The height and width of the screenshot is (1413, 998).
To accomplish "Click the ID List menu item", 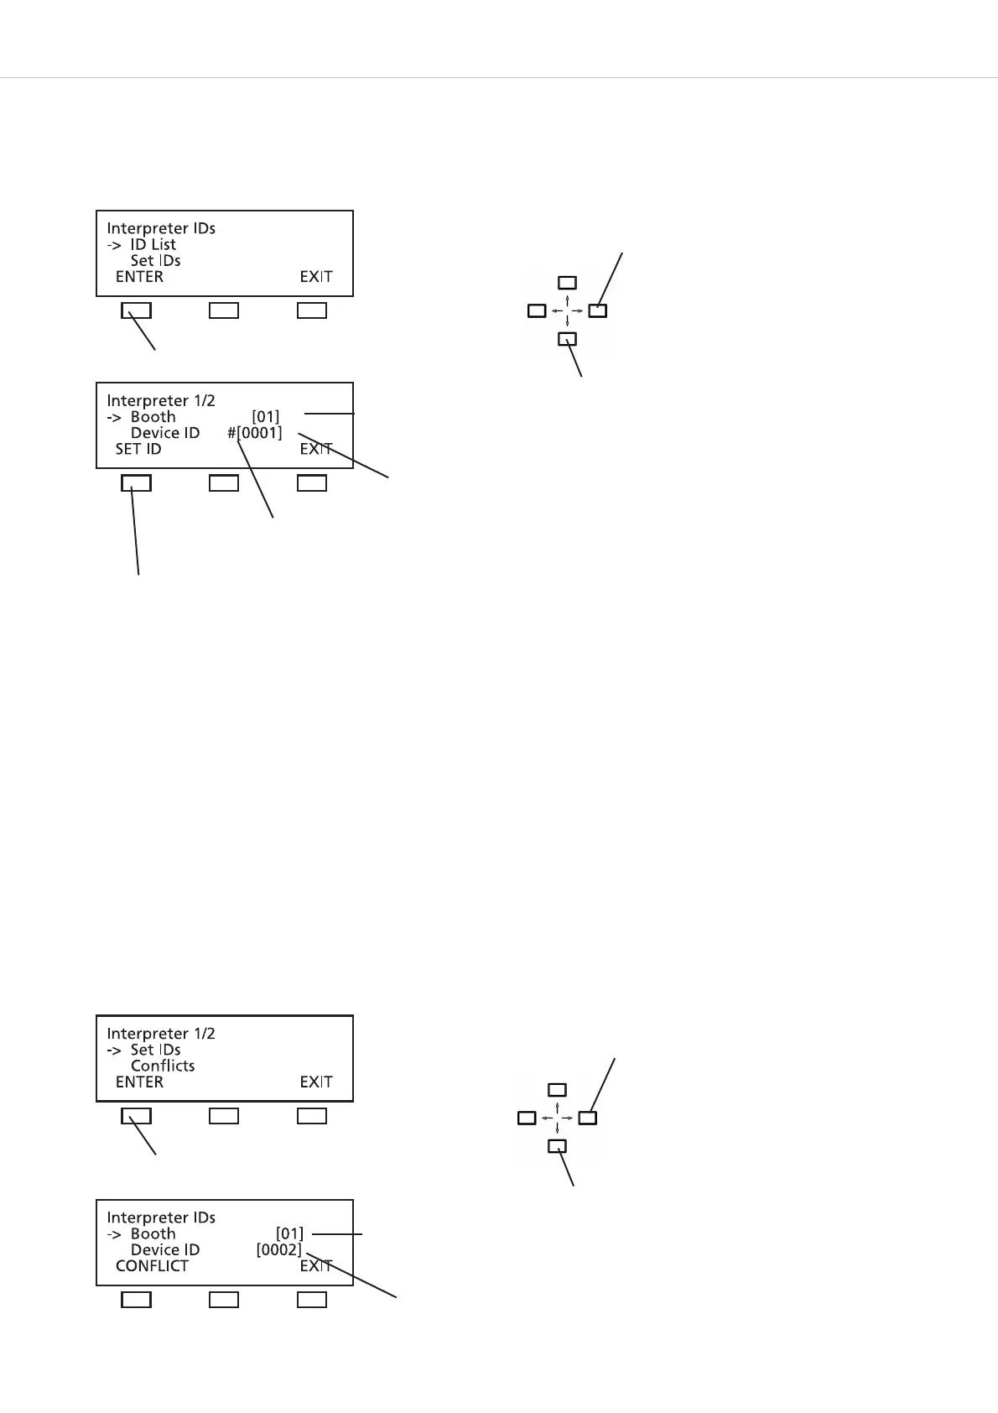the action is click(x=153, y=244).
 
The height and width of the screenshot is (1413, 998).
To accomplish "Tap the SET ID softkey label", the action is click(x=138, y=449).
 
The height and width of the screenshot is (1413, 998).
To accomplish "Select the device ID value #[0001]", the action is click(x=255, y=433).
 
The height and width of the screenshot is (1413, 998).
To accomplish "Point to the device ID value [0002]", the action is click(x=278, y=1249).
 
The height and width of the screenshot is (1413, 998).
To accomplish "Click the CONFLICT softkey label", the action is click(x=152, y=1265).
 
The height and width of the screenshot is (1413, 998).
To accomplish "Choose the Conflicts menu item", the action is click(x=163, y=1066).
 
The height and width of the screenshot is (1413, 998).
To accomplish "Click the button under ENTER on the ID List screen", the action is click(x=137, y=310).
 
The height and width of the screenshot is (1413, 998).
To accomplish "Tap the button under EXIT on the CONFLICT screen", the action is click(x=312, y=1300).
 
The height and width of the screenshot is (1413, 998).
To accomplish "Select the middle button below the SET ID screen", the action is click(x=224, y=483).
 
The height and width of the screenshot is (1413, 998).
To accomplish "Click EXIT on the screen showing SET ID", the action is click(x=316, y=449).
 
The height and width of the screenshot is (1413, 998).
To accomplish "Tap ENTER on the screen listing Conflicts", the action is click(x=139, y=1082).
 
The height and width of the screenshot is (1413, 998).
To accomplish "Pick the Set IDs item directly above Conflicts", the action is click(x=155, y=1050).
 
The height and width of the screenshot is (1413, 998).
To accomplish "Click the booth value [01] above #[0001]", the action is click(x=266, y=417).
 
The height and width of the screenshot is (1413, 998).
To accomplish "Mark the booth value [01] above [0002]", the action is click(x=289, y=1233).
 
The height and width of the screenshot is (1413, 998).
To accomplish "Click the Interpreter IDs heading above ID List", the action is click(x=161, y=228).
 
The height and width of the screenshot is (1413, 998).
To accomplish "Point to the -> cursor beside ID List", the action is click(x=114, y=245).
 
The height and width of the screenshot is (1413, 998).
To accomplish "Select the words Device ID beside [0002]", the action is click(x=165, y=1249).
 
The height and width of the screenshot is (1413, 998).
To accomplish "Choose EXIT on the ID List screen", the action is click(x=316, y=276).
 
